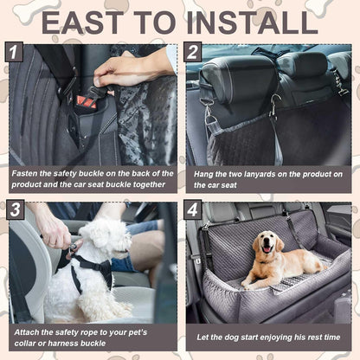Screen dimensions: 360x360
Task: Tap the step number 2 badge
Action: (x=194, y=53)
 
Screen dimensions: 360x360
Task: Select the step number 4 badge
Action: (x=194, y=210)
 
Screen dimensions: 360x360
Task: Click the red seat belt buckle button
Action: (x=85, y=102)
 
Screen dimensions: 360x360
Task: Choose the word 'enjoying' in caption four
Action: (x=275, y=336)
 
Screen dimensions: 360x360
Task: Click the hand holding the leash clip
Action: (x=49, y=228)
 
